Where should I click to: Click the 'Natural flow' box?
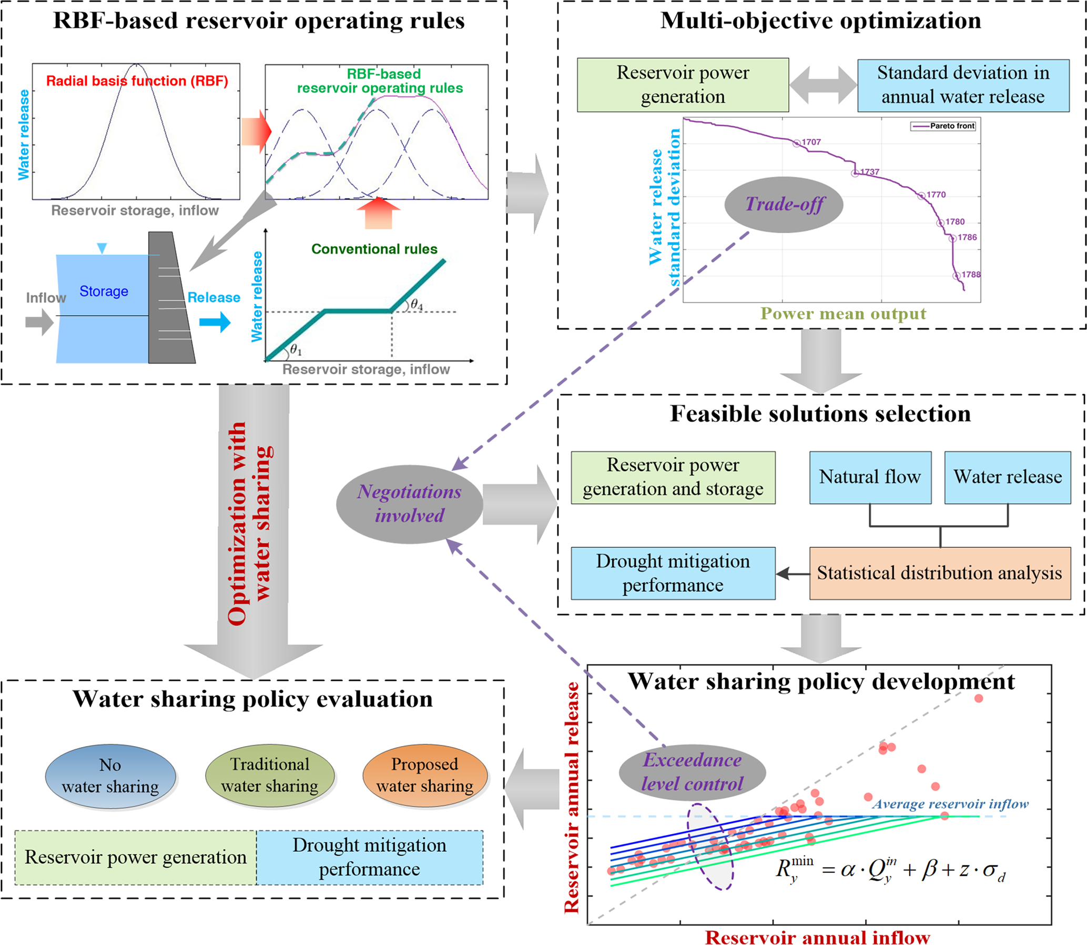tap(870, 477)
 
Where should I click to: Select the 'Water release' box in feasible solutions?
tap(1007, 477)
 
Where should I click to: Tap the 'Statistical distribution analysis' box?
tap(939, 573)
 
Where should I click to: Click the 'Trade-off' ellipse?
tap(784, 205)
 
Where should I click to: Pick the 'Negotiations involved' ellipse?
tap(409, 504)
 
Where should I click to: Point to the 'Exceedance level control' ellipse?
tap(692, 772)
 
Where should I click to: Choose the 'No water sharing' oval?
tap(110, 776)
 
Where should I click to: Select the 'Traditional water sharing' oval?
tap(269, 775)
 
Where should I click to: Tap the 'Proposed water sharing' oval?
tap(424, 775)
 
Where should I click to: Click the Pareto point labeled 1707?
tap(797, 143)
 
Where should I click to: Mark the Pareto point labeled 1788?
tap(956, 276)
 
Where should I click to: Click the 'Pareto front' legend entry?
tap(943, 126)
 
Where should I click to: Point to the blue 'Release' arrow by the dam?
tap(215, 321)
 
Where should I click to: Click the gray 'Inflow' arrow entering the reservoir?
tap(39, 321)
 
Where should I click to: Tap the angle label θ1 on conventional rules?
tap(296, 350)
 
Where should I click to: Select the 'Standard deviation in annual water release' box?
tap(962, 85)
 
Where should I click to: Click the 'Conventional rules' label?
tap(374, 249)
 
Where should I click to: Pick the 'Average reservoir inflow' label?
tap(950, 804)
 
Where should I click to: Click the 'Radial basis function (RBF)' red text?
tap(137, 81)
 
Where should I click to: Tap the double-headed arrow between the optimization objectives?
tap(823, 85)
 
